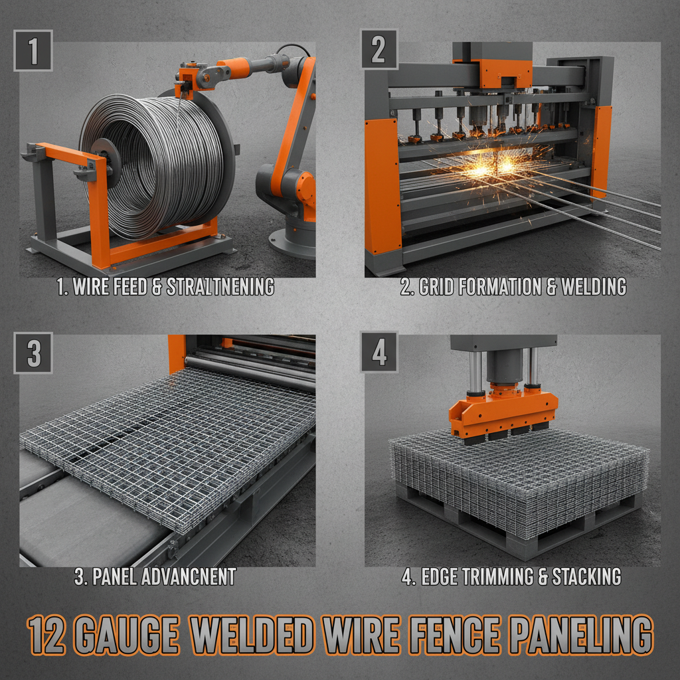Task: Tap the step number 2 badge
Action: coord(379,50)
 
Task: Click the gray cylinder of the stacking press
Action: coord(503,365)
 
